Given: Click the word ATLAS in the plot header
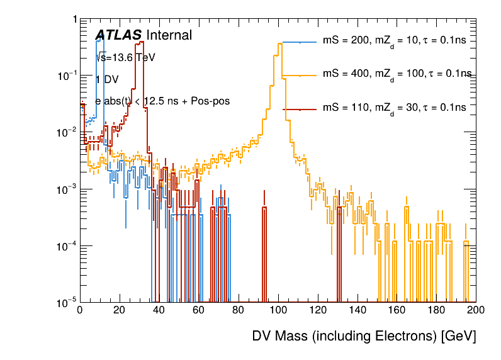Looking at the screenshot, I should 119,36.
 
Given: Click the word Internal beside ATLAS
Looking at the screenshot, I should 169,36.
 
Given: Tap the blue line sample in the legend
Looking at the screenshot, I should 300,42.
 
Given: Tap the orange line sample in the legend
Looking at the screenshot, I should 300,75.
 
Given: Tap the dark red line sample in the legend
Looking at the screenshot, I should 300,108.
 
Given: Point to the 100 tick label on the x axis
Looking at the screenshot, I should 278,310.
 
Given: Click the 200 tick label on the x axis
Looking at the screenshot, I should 476,310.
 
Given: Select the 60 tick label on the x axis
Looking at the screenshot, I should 198,310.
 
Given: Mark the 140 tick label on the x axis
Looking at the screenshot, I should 357,310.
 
